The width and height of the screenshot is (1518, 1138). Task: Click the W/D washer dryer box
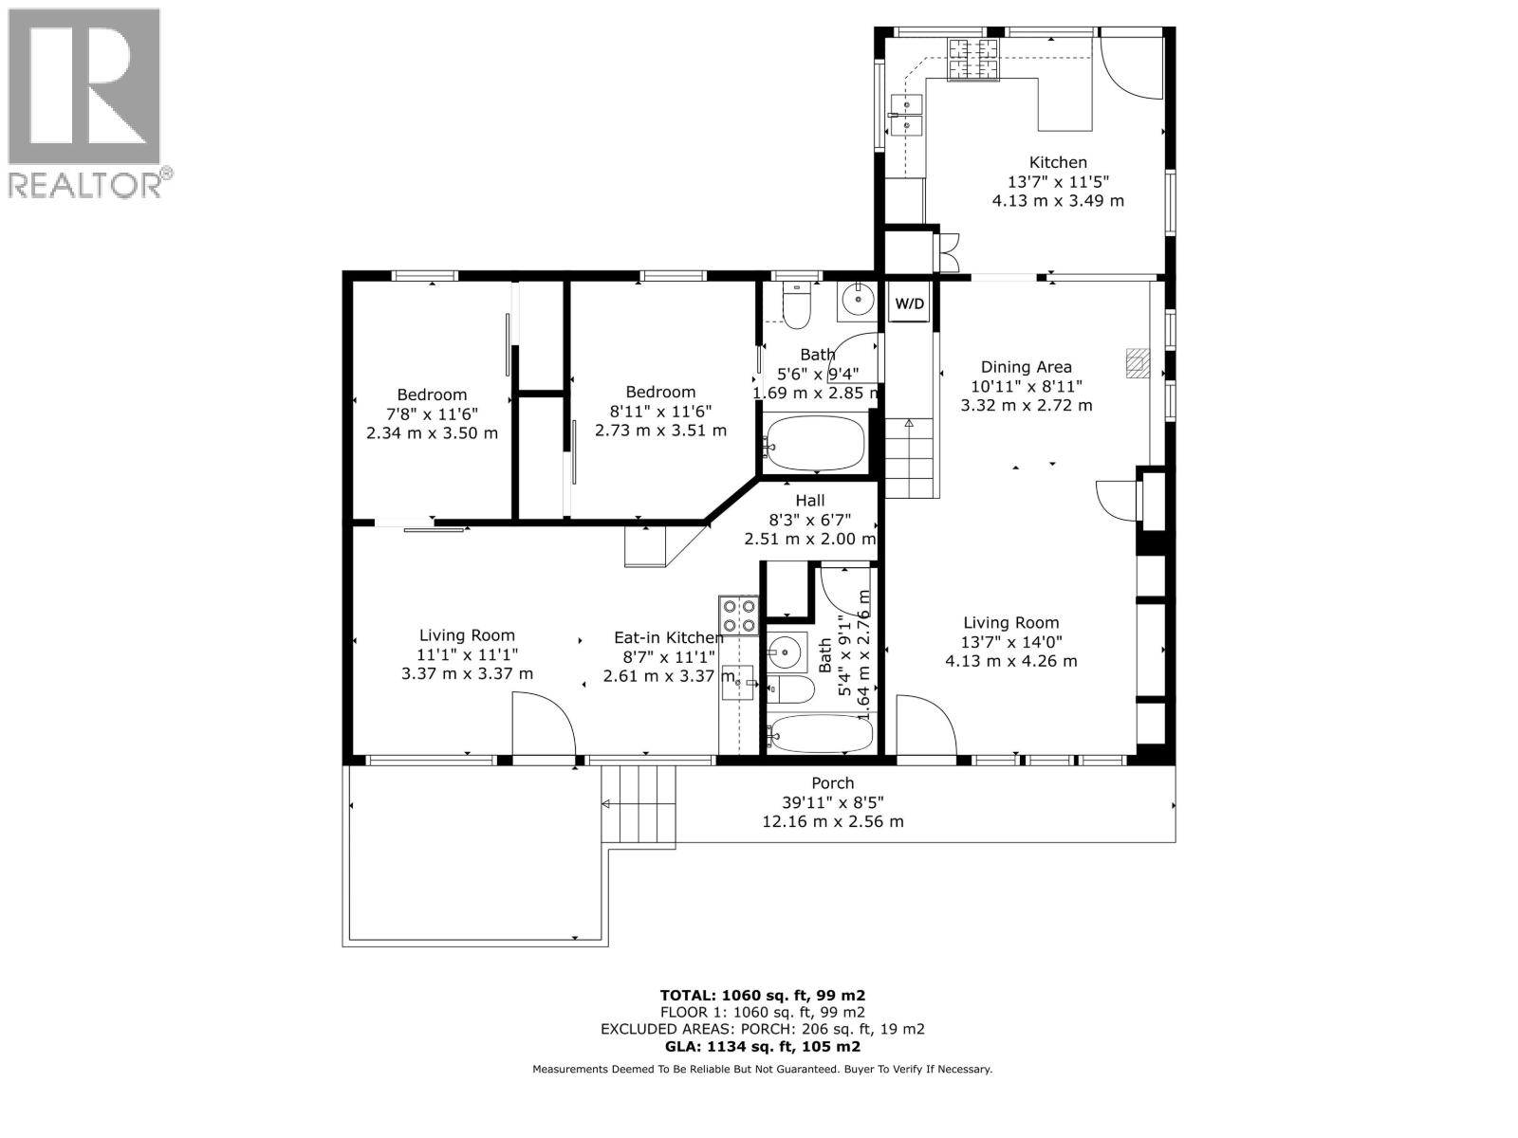pos(909,304)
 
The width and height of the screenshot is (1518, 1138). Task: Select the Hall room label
pos(809,501)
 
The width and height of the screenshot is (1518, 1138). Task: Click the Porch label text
pos(832,783)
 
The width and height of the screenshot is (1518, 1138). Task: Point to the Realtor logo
pos(86,102)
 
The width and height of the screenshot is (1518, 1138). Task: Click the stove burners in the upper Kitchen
pos(973,59)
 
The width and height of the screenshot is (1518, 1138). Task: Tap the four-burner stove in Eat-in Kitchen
pos(738,615)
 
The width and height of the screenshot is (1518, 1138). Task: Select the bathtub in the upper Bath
pos(815,444)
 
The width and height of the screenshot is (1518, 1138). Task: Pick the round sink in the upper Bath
pos(858,300)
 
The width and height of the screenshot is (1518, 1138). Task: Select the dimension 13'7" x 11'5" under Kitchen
pos(1058,182)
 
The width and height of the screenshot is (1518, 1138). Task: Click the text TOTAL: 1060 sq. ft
pos(762,996)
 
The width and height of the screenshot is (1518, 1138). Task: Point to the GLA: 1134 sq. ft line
pos(762,1047)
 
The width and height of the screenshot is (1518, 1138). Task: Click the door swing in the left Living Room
pos(543,725)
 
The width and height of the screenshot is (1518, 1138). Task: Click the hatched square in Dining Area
pos(1137,362)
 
